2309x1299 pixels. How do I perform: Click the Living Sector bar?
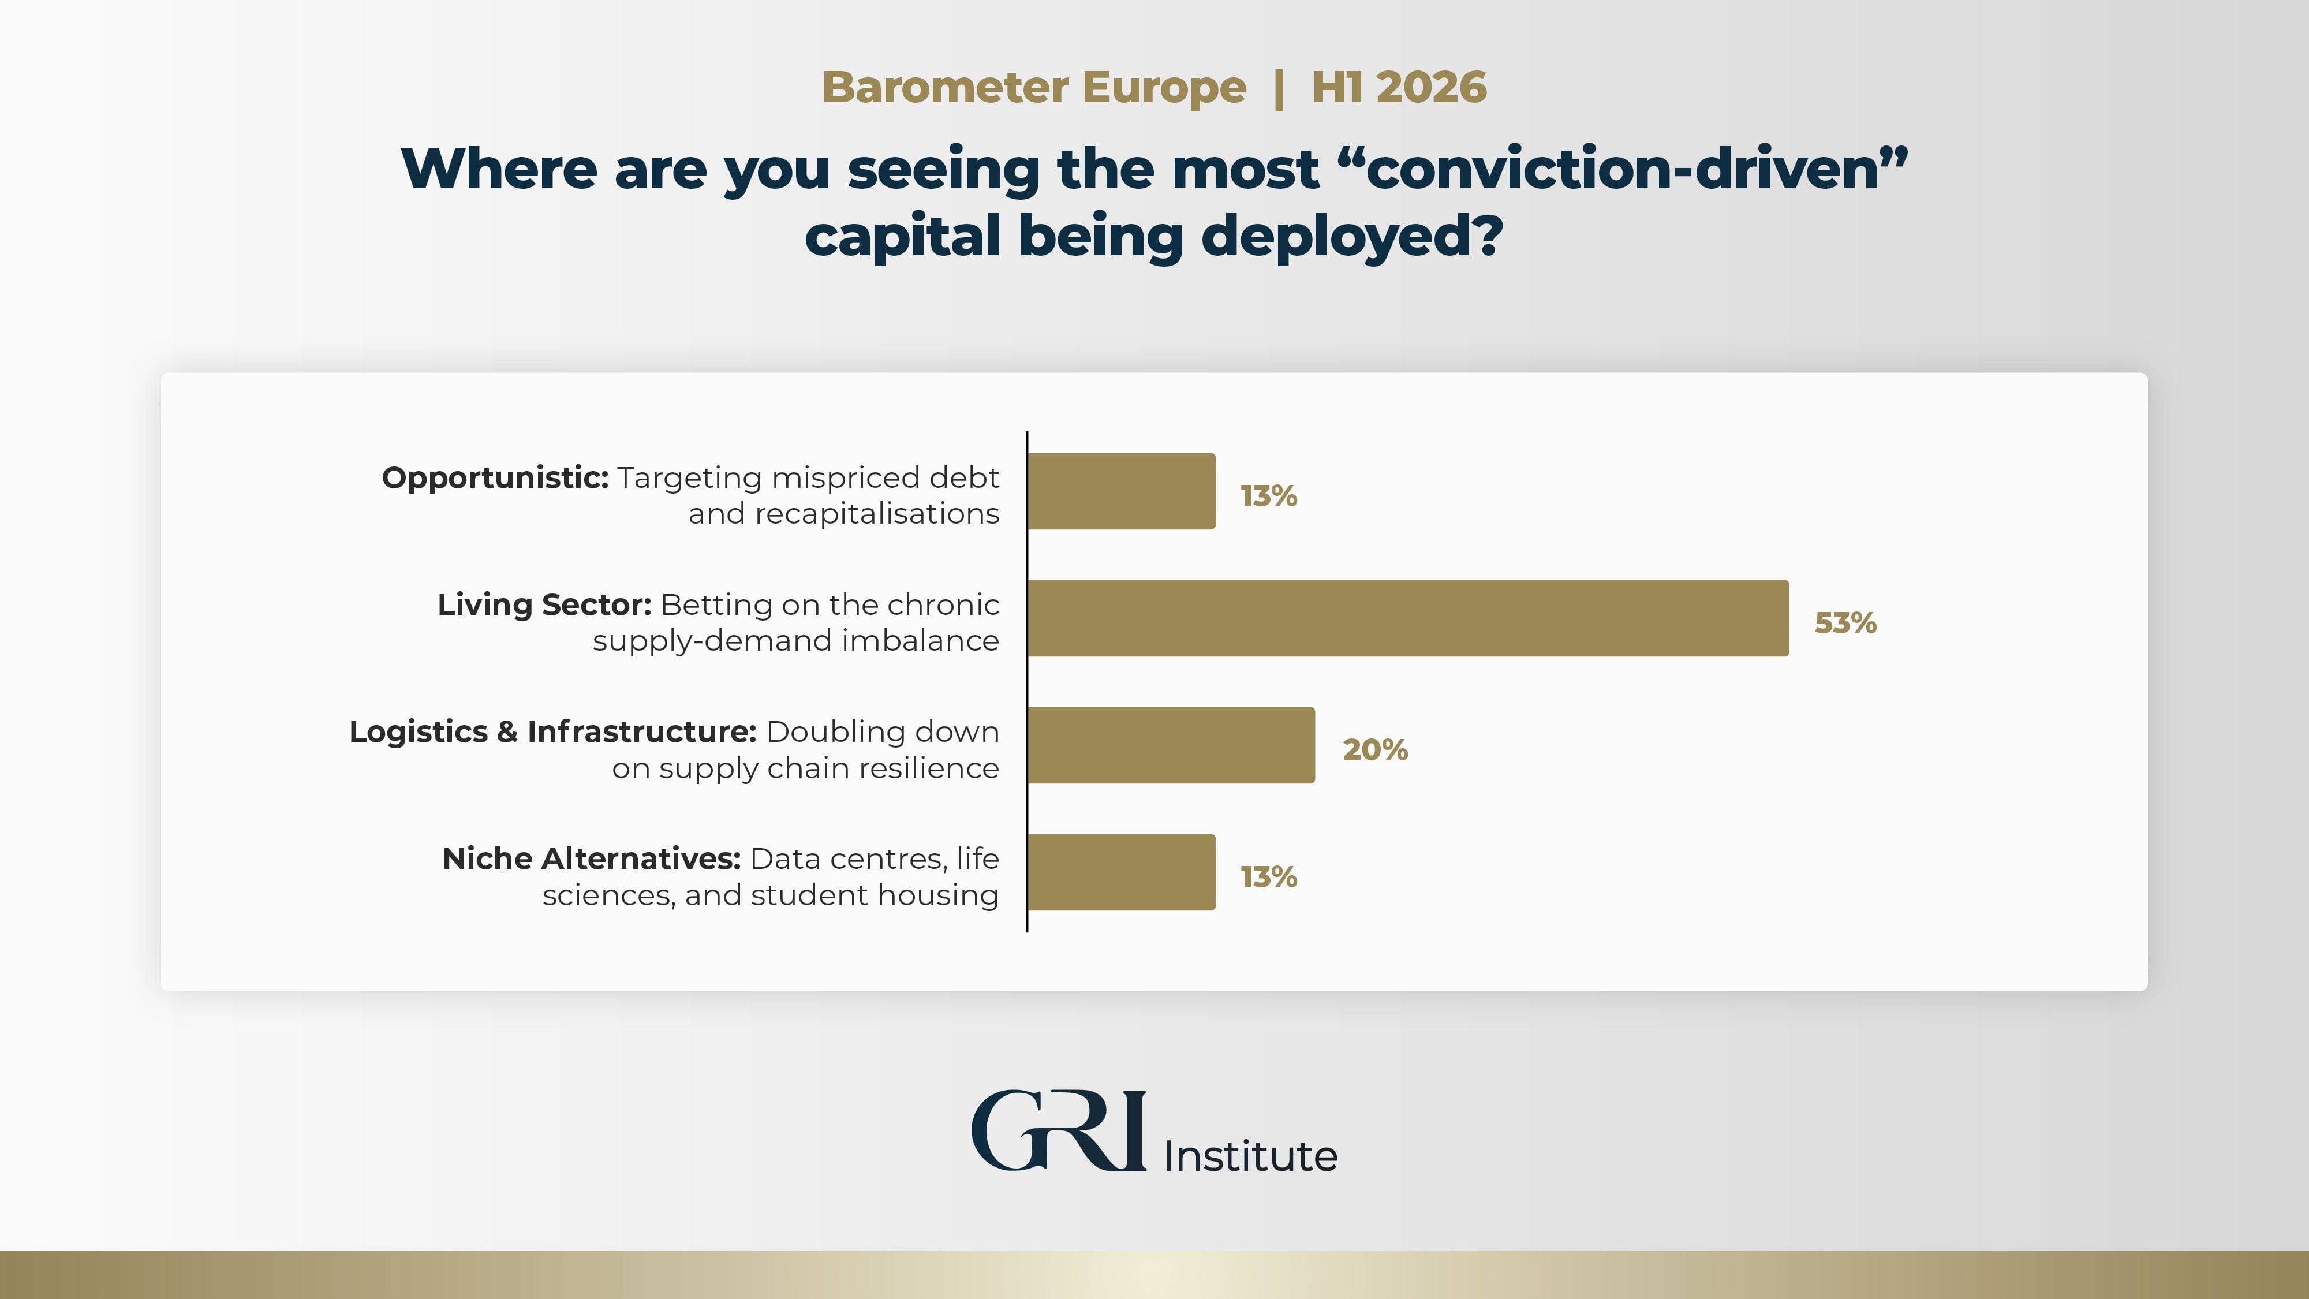(x=1407, y=618)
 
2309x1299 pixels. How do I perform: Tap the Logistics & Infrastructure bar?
(x=1171, y=745)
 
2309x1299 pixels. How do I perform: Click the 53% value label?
(x=1845, y=623)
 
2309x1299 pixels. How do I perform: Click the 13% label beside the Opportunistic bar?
(x=1268, y=496)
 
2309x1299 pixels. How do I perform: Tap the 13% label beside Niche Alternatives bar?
(x=1268, y=877)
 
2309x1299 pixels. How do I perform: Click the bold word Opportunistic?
(x=495, y=478)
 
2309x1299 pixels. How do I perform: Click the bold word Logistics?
(x=419, y=731)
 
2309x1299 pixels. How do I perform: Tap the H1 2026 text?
(x=1398, y=88)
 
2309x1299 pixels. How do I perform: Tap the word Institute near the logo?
(x=1250, y=1156)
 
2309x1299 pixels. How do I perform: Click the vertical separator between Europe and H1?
(x=1279, y=88)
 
